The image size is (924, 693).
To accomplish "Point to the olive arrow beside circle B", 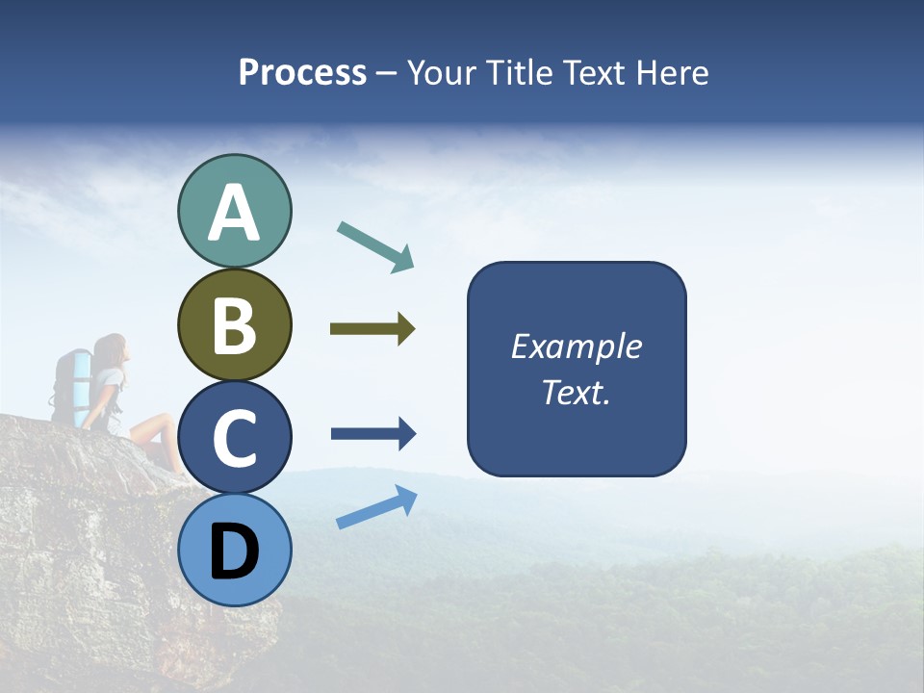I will (x=372, y=329).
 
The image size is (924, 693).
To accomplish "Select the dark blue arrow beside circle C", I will (x=373, y=434).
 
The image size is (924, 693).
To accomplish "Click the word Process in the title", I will (x=302, y=72).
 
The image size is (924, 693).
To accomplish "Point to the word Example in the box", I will (x=576, y=346).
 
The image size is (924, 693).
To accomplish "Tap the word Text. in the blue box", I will (x=576, y=393).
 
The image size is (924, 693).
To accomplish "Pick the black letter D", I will (x=234, y=552).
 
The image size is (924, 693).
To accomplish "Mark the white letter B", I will (x=234, y=325).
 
